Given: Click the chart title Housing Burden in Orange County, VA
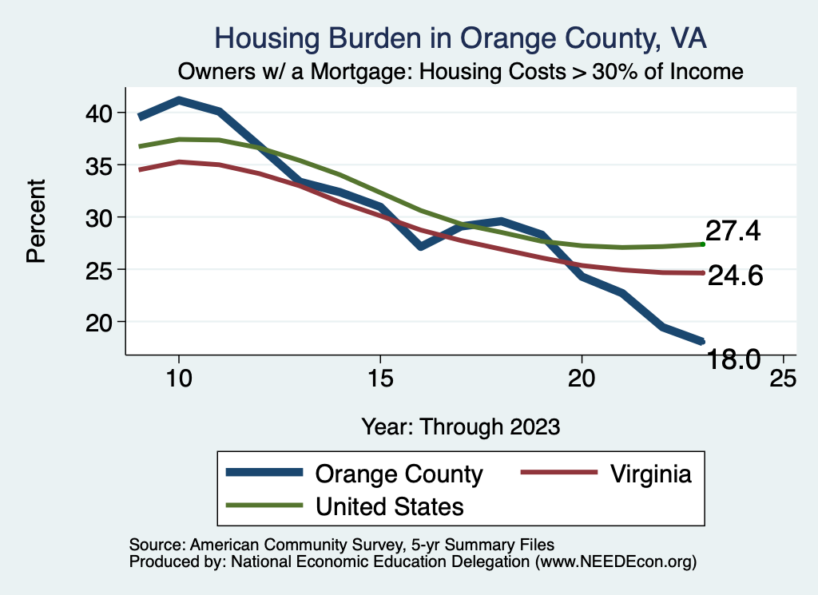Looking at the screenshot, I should (x=461, y=38).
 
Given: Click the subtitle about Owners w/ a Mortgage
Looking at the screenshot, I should (x=461, y=72).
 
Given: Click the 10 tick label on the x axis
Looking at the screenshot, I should (x=178, y=378).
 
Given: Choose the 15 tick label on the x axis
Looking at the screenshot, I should (x=379, y=378).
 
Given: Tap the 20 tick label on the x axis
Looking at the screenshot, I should (x=581, y=378).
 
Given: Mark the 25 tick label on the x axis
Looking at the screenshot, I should (x=782, y=378).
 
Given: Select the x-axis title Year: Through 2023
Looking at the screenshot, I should (x=461, y=426).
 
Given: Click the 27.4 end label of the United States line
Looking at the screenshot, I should (x=733, y=231).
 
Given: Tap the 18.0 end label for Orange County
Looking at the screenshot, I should (x=729, y=360).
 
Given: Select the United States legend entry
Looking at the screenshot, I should (x=390, y=506).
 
